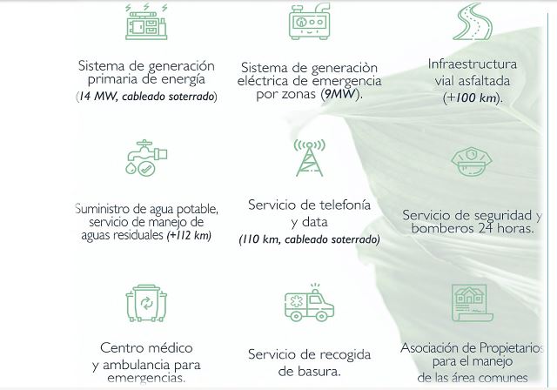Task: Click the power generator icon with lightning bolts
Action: click(x=146, y=22)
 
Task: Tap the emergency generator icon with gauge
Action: click(x=310, y=21)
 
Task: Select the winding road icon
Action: click(x=473, y=21)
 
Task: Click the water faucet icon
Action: click(x=146, y=158)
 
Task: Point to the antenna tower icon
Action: click(x=310, y=158)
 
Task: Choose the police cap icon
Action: click(x=472, y=162)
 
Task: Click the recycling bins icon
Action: click(x=146, y=303)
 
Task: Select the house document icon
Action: click(x=473, y=303)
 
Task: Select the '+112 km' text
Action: click(x=189, y=235)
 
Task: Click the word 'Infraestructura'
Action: click(x=473, y=64)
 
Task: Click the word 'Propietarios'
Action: click(x=512, y=348)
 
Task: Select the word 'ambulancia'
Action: click(x=137, y=365)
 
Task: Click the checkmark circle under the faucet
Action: click(x=146, y=168)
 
